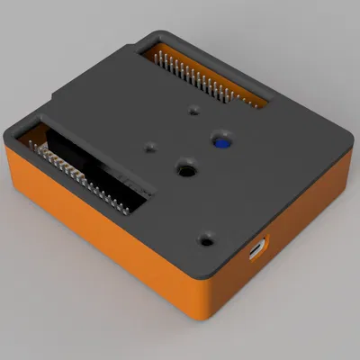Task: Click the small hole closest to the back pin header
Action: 194,112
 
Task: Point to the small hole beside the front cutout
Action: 150,146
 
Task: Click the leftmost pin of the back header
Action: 158,55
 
